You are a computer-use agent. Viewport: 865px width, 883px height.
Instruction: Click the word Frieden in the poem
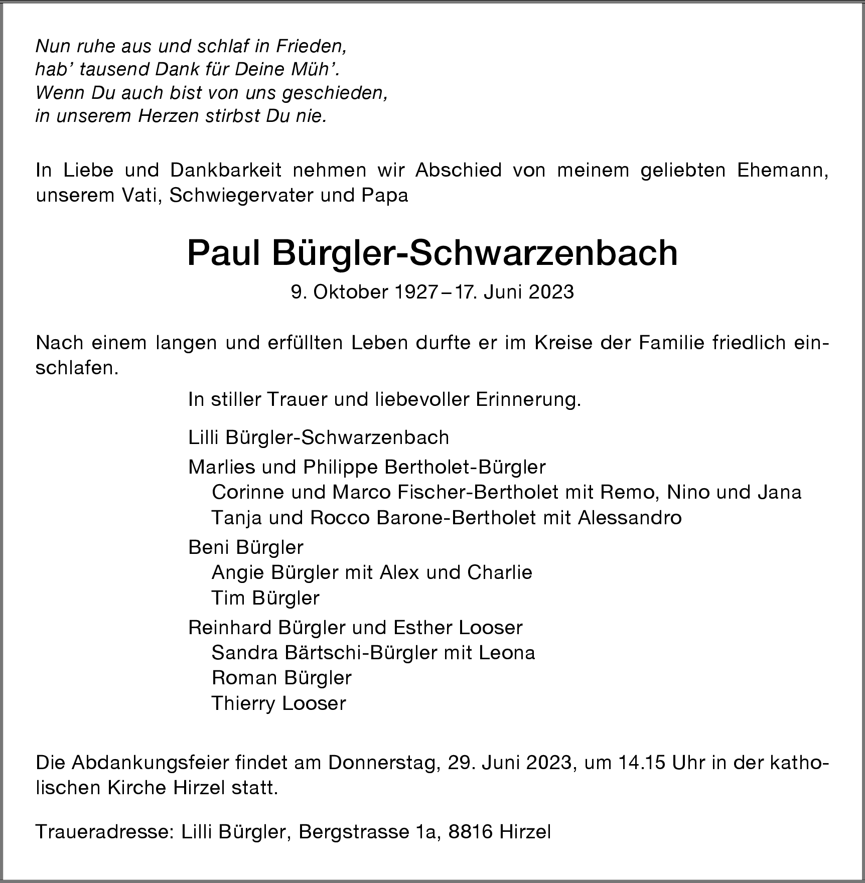(311, 47)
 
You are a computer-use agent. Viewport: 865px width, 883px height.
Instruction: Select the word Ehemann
(783, 171)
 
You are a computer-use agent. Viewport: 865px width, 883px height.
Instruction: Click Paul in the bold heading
(223, 253)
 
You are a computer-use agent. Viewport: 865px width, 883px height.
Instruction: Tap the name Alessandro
(630, 517)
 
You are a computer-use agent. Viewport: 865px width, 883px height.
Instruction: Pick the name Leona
(507, 653)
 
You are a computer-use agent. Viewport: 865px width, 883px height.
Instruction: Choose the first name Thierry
(244, 703)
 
